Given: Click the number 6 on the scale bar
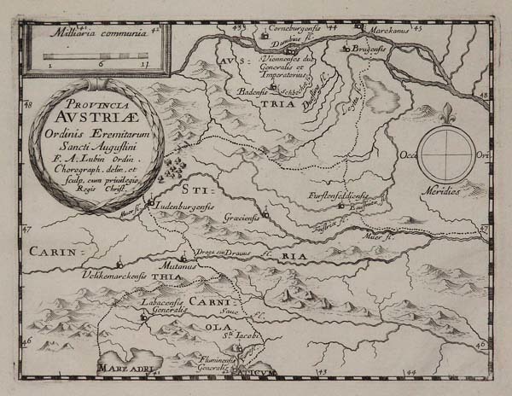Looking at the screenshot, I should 102,63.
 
